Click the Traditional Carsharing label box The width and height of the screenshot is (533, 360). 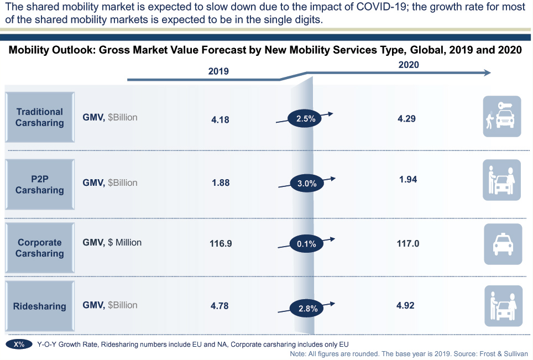pyautogui.click(x=39, y=117)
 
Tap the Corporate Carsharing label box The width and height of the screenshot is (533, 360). pyautogui.click(x=39, y=248)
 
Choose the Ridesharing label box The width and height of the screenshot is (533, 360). pyautogui.click(x=39, y=306)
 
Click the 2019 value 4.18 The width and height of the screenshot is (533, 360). pyautogui.click(x=220, y=119)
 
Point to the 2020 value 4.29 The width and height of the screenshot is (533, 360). pyautogui.click(x=406, y=118)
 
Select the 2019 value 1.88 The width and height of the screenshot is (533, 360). pyautogui.click(x=221, y=183)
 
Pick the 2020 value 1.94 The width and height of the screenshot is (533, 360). pyautogui.click(x=407, y=179)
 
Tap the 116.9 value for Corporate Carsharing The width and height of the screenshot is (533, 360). pyautogui.click(x=221, y=243)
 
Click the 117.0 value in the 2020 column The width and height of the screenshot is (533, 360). pyautogui.click(x=407, y=243)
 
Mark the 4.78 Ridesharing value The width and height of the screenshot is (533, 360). pyautogui.click(x=220, y=305)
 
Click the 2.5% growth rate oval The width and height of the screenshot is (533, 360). pyautogui.click(x=305, y=118)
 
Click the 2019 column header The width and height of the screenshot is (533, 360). pyautogui.click(x=218, y=71)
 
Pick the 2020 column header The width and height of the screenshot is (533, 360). pyautogui.click(x=409, y=65)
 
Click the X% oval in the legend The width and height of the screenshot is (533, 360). pyautogui.click(x=19, y=344)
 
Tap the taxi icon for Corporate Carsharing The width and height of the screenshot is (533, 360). pyautogui.click(x=503, y=243)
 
